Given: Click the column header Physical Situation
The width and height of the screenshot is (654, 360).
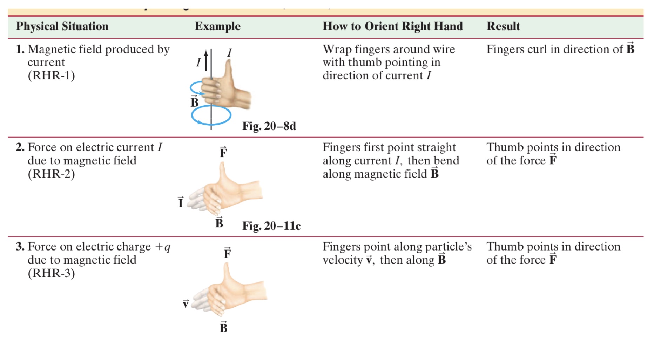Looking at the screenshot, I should (62, 26).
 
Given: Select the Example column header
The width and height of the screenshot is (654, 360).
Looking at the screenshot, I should (217, 26).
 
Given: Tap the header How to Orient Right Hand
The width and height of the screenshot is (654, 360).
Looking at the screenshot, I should (392, 26).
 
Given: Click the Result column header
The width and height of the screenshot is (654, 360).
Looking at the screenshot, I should (503, 26).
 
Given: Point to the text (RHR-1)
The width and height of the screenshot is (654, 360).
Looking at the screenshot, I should (51, 75).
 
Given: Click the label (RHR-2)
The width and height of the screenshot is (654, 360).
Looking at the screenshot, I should (51, 174).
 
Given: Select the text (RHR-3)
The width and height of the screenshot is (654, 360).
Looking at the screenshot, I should (51, 273).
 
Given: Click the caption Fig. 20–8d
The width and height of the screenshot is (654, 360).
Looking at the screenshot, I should (269, 126).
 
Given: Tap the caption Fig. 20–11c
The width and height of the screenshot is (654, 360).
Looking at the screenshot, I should (271, 226).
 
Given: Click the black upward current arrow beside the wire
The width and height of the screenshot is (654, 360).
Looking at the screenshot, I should (206, 60).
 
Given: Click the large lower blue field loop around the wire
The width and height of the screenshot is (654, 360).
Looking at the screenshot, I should (211, 115).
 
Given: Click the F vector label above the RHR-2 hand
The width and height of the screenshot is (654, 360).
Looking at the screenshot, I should (223, 152).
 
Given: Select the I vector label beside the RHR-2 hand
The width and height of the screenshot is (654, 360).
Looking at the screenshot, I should (181, 202).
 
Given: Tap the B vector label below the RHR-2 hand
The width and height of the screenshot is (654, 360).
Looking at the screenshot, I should (219, 222).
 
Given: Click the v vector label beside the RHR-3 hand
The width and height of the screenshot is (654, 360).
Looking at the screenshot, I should (186, 304).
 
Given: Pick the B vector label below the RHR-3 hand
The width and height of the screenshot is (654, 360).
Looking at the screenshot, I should (223, 327).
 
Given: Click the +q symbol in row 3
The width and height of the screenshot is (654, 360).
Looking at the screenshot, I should (163, 247).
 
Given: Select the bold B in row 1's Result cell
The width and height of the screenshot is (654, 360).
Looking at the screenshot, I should (630, 48).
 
